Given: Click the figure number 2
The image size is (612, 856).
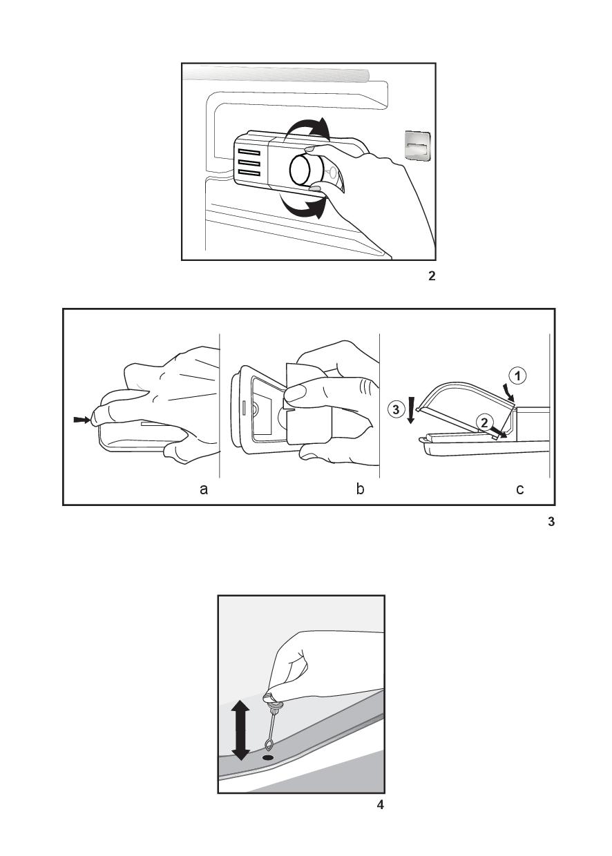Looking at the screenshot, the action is (432, 276).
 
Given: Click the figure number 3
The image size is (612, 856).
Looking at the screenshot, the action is (551, 521).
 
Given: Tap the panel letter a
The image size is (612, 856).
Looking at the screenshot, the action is (204, 489).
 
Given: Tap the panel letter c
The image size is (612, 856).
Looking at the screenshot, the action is (520, 489).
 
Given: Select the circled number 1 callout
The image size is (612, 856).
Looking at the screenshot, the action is (518, 376).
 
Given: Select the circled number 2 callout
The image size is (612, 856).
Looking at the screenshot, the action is (484, 423).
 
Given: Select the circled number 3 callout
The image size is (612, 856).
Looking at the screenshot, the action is (396, 409).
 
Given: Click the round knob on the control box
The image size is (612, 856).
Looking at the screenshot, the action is (303, 170).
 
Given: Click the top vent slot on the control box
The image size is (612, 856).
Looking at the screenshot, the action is (249, 153).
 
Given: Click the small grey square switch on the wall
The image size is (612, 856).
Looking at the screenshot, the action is (417, 145).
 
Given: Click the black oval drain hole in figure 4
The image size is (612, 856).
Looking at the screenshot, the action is (268, 757).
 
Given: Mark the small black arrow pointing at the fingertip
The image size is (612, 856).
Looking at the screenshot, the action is (82, 420).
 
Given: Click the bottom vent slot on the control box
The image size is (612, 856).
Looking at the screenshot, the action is (249, 174).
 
